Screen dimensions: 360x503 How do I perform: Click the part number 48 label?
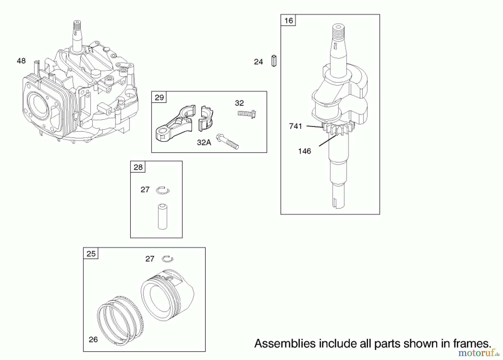pos(21,61)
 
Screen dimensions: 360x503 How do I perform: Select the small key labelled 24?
pos(274,61)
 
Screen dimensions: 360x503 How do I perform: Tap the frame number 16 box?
pos(288,20)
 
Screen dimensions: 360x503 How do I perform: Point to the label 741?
pos(295,126)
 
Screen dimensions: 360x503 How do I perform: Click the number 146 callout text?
pos(304,151)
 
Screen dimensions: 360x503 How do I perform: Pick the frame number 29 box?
pos(159,98)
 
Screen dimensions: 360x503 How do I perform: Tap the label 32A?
pos(204,143)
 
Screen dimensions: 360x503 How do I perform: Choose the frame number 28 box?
pos(138,167)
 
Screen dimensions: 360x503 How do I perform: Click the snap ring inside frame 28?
pos(163,191)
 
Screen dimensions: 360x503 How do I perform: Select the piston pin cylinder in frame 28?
pos(163,217)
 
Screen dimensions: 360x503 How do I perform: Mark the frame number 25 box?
pos(91,254)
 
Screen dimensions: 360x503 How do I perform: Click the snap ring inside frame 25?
pos(168,259)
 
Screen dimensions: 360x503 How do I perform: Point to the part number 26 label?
pos(93,340)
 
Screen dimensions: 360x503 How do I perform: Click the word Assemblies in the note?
pos(285,343)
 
